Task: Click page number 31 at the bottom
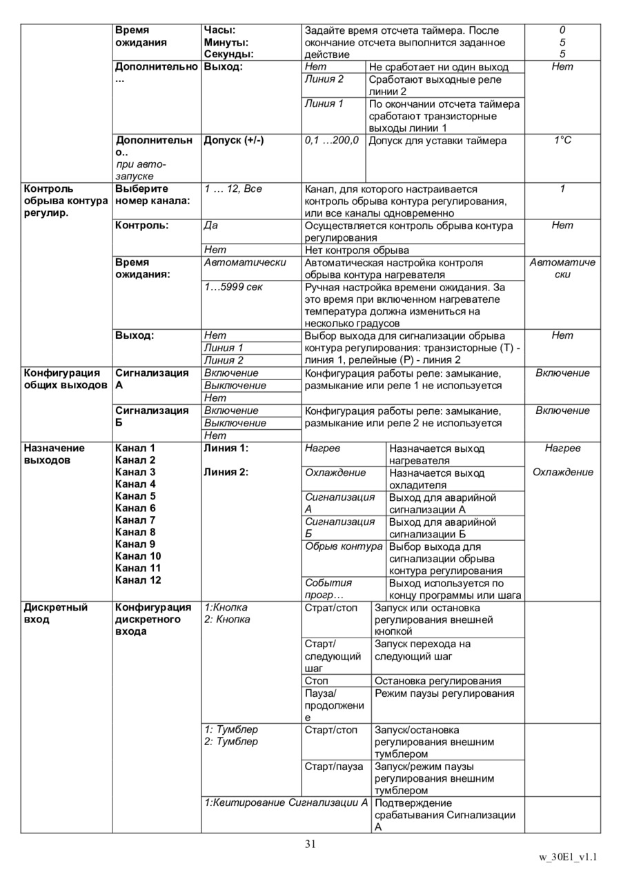pos(310,843)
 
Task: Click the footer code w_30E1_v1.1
pos(568,858)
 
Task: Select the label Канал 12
pos(138,580)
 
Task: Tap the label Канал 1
pos(135,448)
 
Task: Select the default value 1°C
pos(562,140)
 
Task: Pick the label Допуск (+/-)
pos(233,140)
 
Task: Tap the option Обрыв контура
pos(344,546)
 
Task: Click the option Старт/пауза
pos(333,767)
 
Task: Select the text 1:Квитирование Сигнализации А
pos(286,802)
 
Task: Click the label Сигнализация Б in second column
pos(142,416)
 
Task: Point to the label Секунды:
pos(228,54)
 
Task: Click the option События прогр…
pos(328,589)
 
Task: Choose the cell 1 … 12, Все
pos(233,188)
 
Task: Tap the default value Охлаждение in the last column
pos(562,473)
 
